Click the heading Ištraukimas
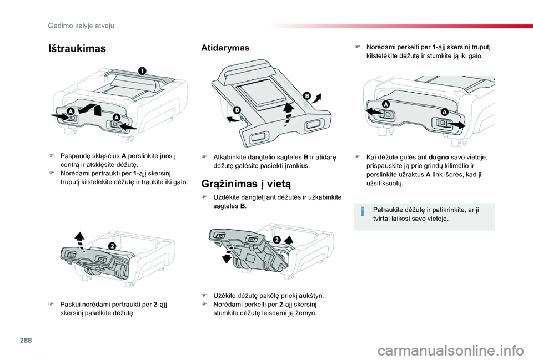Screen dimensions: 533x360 click(x=77, y=49)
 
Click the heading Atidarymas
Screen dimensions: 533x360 click(x=225, y=48)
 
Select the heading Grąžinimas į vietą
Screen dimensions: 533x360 click(x=246, y=184)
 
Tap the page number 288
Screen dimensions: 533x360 click(x=26, y=340)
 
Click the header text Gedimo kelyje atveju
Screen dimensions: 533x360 click(x=81, y=26)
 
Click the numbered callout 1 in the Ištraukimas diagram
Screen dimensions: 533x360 click(x=142, y=71)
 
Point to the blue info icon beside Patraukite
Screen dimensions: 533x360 click(x=363, y=212)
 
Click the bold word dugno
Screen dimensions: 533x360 click(x=439, y=157)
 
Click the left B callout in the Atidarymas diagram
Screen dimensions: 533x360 click(x=237, y=110)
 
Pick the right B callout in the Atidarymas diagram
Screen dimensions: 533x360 click(x=306, y=96)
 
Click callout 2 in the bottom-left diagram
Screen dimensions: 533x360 click(x=112, y=246)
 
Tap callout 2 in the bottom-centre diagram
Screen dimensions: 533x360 click(x=276, y=240)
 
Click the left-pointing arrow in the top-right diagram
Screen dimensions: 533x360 click(x=374, y=111)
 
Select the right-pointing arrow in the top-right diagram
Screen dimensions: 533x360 click(x=456, y=125)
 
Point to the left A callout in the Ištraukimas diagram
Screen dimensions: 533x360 click(x=71, y=111)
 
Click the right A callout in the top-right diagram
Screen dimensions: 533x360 click(x=444, y=111)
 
